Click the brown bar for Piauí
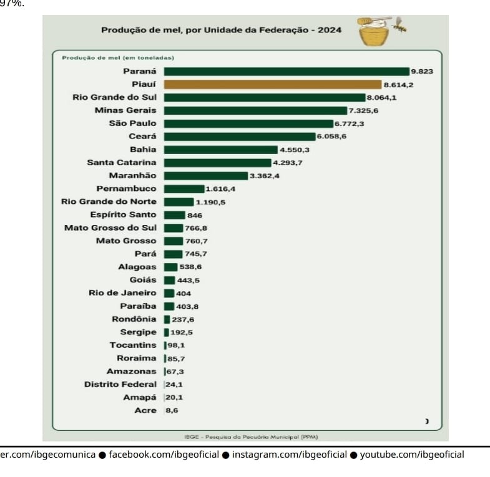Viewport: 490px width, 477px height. point(272,84)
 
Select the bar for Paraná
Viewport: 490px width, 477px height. point(286,71)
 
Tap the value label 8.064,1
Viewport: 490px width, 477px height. point(381,98)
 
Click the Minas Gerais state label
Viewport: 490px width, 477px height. point(125,110)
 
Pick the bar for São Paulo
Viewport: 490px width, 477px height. point(248,123)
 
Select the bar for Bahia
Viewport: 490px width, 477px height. point(220,150)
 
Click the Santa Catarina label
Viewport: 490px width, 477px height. point(122,163)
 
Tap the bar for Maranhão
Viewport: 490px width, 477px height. point(206,176)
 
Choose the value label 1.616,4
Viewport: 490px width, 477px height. point(220,189)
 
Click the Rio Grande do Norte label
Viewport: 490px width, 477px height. point(109,201)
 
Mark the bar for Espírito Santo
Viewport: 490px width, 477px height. point(174,214)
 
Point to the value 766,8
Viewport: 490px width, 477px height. point(196,228)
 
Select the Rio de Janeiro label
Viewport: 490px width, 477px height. point(122,293)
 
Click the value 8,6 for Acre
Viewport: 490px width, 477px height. point(172,411)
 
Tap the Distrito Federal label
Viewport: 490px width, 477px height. point(120,385)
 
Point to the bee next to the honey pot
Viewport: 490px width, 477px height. point(399,27)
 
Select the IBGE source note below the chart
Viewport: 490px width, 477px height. point(246,436)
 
